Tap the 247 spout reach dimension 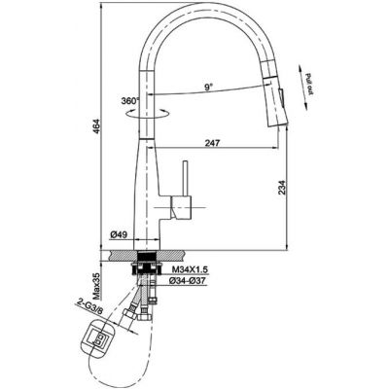[x=212, y=143]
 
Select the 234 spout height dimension [x=282, y=187]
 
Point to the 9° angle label [x=208, y=87]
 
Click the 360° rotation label [x=130, y=101]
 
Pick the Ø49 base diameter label [x=119, y=234]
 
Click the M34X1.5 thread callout [x=191, y=269]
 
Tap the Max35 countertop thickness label [x=96, y=286]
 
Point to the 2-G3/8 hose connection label [x=90, y=306]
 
